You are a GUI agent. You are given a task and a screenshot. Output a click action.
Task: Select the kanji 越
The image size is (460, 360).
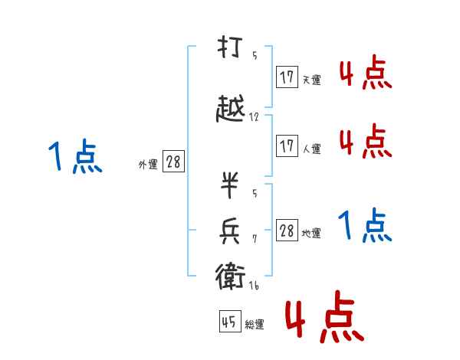(x=231, y=110)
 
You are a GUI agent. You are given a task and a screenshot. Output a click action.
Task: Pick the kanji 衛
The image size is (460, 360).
(x=230, y=277)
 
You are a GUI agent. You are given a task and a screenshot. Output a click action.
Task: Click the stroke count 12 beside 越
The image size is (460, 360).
(x=254, y=119)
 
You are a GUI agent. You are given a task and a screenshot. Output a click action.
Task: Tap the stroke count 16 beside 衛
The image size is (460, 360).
(x=255, y=285)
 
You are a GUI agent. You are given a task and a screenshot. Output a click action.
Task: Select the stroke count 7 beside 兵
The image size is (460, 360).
(x=255, y=239)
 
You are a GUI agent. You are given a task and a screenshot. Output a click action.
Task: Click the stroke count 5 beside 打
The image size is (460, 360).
(x=255, y=55)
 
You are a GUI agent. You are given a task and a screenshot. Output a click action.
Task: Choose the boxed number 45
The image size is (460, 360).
(x=229, y=322)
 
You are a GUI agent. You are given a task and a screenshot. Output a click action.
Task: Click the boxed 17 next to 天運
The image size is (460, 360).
(x=287, y=77)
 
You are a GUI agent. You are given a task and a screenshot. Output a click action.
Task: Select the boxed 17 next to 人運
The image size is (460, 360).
(x=287, y=146)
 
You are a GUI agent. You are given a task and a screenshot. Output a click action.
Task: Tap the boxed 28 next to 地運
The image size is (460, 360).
(x=287, y=231)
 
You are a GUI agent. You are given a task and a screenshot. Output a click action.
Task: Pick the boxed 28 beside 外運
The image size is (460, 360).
(x=173, y=162)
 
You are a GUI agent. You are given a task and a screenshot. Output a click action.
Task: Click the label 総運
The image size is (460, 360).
(x=255, y=325)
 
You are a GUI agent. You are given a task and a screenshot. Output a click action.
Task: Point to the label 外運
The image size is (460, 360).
(x=147, y=164)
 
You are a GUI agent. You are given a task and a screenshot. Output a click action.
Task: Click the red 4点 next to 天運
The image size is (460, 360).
(x=365, y=74)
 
